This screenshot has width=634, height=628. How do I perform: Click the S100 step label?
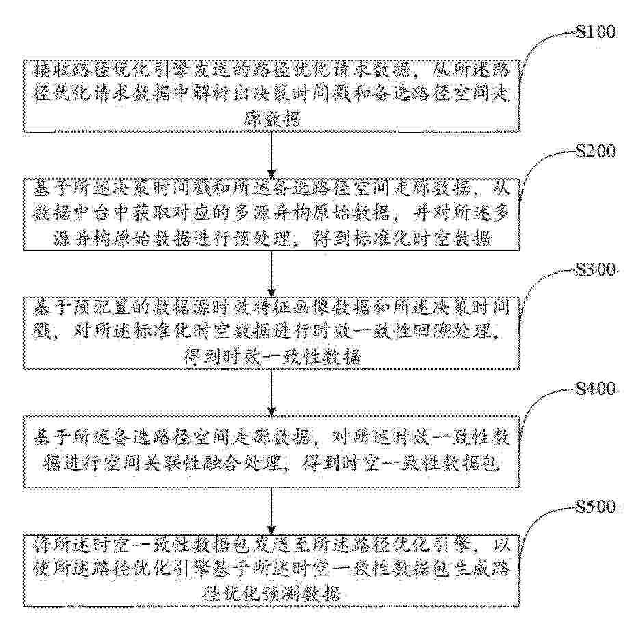click(595, 31)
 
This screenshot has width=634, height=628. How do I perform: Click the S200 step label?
click(595, 151)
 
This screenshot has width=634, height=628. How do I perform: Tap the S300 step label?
click(595, 270)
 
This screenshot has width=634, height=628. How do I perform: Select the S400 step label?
click(595, 388)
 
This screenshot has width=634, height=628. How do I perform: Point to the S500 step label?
click(595, 507)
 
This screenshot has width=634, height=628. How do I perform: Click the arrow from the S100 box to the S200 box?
click(272, 155)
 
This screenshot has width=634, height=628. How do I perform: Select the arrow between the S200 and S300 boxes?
click(272, 274)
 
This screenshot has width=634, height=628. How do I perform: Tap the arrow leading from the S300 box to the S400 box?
click(272, 392)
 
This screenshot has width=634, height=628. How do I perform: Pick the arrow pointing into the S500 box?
click(272, 511)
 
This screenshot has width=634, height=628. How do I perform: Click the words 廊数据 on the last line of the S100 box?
click(272, 118)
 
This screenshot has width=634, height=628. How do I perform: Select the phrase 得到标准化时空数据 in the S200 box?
click(403, 238)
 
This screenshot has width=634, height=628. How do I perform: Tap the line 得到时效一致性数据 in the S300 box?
click(272, 356)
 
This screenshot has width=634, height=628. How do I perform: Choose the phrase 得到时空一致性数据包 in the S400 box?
click(400, 464)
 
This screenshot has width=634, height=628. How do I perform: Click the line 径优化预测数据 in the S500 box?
click(272, 594)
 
